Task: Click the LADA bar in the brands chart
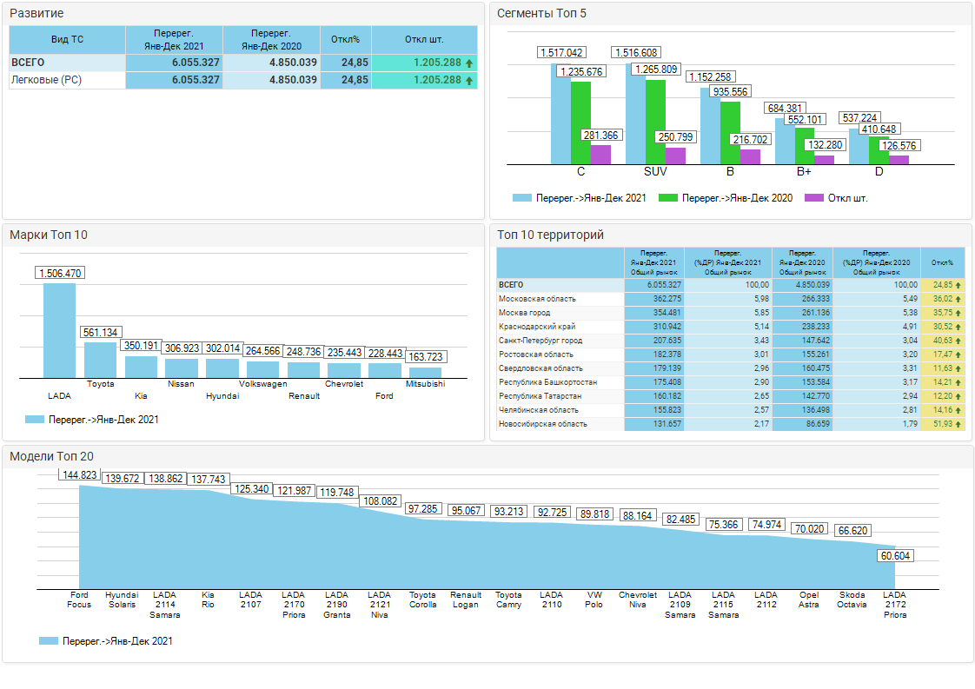coord(59,330)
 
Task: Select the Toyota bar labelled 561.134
coord(100,359)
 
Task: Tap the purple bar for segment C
coord(600,155)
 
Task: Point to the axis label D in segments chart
coord(879,172)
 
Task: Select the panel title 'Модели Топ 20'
coord(52,457)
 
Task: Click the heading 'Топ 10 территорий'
coord(549,235)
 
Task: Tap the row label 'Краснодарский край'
coord(537,327)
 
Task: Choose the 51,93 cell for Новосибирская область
coord(942,424)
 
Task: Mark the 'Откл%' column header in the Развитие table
coord(346,39)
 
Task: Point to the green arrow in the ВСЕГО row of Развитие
coord(469,63)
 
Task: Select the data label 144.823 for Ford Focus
coord(79,475)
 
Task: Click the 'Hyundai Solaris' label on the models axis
coord(122,600)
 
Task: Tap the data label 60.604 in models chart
coord(895,556)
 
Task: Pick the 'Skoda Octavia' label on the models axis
coord(852,600)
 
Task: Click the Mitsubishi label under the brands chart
coord(425,383)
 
